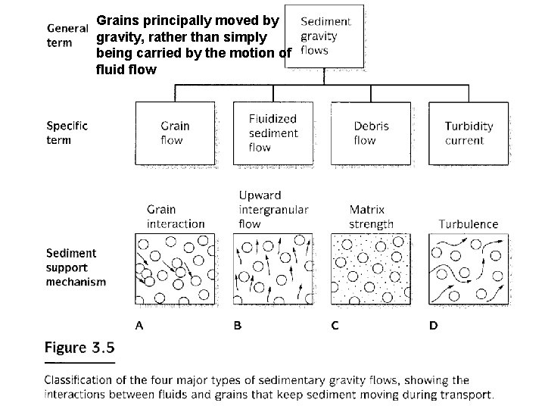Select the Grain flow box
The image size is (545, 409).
(175, 133)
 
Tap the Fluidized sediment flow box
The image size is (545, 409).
(272, 133)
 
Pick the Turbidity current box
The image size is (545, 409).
(468, 133)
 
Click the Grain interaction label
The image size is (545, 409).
(176, 216)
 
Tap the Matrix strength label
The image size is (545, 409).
(371, 216)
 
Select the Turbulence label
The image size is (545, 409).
(469, 223)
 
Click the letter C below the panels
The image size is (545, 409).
(335, 326)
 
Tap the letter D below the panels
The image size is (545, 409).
(433, 326)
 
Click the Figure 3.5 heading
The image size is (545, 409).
(79, 348)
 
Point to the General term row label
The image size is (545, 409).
(70, 35)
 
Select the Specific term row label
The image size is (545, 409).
(67, 133)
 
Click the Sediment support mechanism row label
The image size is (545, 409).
(75, 267)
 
